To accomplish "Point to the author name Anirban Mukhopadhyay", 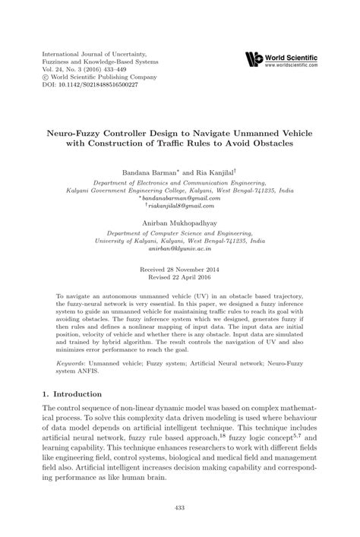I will [x=180, y=223].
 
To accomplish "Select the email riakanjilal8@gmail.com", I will [x=180, y=205].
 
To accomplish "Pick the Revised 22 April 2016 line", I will [x=180, y=279].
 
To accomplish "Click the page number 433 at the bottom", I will [x=180, y=507].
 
